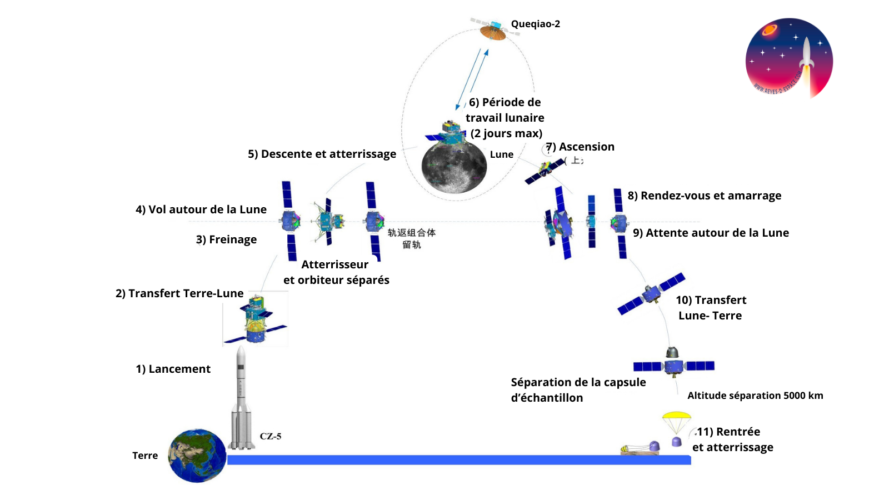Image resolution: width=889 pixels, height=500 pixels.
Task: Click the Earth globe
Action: click(x=196, y=454)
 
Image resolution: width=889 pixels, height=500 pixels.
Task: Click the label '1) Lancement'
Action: click(x=173, y=368)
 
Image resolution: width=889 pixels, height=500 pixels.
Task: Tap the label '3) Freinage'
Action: click(x=226, y=239)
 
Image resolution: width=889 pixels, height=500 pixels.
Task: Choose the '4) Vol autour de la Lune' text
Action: click(x=201, y=209)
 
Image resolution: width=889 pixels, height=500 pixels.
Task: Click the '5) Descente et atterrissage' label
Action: click(x=322, y=154)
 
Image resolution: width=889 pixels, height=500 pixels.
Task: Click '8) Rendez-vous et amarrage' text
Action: click(x=705, y=195)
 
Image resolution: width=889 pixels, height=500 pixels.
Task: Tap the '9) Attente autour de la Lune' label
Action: click(x=711, y=232)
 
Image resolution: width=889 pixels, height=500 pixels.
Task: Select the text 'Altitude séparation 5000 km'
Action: click(x=755, y=396)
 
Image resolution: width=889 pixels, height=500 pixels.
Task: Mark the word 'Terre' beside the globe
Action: click(x=145, y=455)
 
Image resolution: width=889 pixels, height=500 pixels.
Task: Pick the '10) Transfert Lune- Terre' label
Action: click(x=711, y=307)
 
